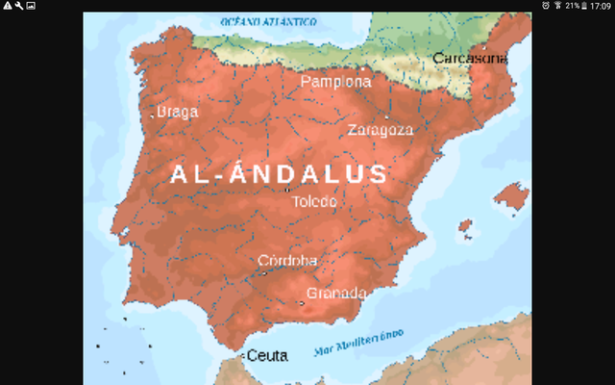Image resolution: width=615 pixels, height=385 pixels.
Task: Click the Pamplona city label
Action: pos(335,82)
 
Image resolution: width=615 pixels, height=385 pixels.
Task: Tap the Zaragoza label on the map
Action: pos(381,130)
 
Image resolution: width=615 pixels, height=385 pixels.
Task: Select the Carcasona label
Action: pos(470,59)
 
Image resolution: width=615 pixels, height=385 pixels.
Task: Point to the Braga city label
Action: pos(177,112)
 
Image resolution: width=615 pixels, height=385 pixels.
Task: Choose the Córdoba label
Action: pos(287,261)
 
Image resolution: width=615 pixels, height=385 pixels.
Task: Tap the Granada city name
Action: pos(336,293)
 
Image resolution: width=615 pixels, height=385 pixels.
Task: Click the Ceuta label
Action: pos(267,355)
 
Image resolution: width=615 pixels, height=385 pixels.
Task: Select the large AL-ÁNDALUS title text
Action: pos(279,175)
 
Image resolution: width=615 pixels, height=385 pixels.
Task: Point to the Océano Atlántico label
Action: pos(269,20)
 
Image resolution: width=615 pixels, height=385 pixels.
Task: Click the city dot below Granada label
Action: pos(301,304)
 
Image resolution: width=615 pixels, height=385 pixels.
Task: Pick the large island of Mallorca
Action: pos(510,197)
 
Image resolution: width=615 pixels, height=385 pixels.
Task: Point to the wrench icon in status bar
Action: pos(18,6)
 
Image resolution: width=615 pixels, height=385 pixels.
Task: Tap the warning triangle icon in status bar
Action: pos(7,6)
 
